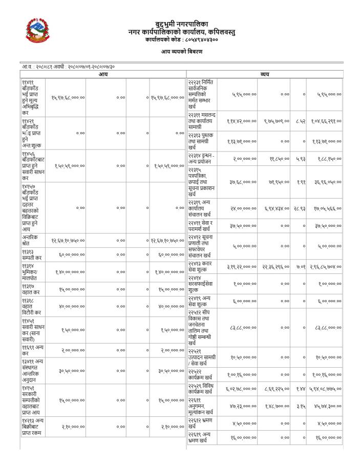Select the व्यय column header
(x=265, y=74)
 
